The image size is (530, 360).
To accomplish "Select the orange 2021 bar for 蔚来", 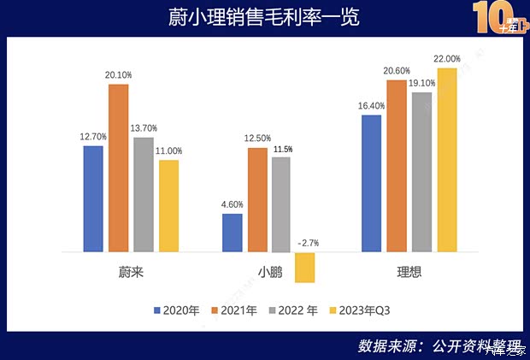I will pos(119,168).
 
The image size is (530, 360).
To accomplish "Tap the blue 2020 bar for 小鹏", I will pos(232,233).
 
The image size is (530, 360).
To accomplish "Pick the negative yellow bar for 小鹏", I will pos(305,267).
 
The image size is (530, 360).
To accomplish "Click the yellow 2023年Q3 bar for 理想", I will pos(446,160).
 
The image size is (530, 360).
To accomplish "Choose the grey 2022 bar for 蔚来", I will pos(144,194).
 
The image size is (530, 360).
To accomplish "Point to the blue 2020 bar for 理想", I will pos(371,183).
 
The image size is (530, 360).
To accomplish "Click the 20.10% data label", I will pos(120,74).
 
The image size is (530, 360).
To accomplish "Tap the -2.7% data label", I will pos(308,244).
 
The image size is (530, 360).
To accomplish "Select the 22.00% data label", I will pos(446,59).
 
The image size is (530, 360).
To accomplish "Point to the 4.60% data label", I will pos(232,204).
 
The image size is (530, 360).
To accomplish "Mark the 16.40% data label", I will pos(372,106).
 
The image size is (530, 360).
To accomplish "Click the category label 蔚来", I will pos(131,274).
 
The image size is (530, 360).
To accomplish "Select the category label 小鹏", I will pos(269,274).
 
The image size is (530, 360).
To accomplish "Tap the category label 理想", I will pos(409,274).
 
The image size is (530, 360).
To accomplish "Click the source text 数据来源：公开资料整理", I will pos(439,345).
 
